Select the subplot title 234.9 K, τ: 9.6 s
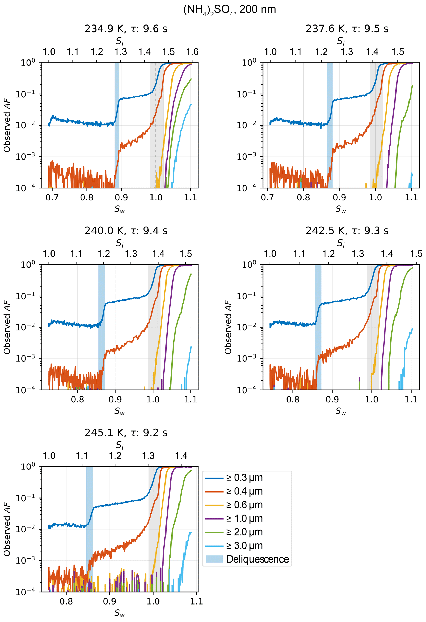pyautogui.click(x=126, y=29)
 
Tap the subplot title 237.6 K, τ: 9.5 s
pyautogui.click(x=347, y=29)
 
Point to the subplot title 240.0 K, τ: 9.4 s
pyautogui.click(x=126, y=231)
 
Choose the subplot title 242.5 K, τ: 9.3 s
pyautogui.click(x=347, y=231)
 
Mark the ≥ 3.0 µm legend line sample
pyautogui.click(x=214, y=545)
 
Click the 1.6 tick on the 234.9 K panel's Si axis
pyautogui.click(x=192, y=52)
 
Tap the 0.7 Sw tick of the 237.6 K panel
pyautogui.click(x=267, y=198)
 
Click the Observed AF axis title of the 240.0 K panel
pyautogui.click(x=7, y=327)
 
